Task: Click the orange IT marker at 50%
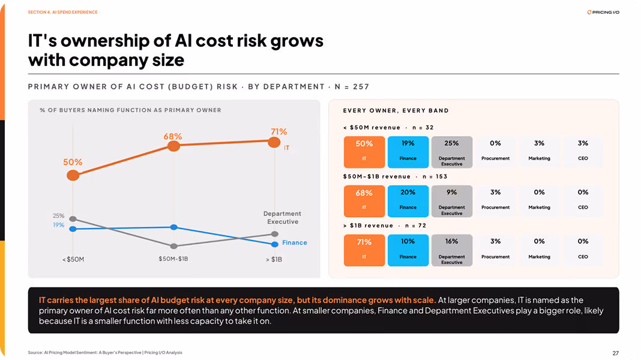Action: (x=73, y=175)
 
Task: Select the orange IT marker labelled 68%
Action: (x=173, y=146)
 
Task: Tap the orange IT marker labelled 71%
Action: (x=274, y=142)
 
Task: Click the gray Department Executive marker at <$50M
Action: (x=73, y=219)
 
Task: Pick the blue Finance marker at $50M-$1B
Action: (x=173, y=227)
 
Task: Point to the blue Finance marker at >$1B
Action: (x=275, y=244)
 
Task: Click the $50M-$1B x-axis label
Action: (x=173, y=259)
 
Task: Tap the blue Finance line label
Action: (x=294, y=243)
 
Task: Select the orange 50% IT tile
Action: (x=364, y=152)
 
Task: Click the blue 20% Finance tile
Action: (x=408, y=201)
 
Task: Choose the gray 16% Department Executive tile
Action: (x=452, y=250)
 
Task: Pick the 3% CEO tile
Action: (x=583, y=152)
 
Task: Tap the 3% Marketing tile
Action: (x=539, y=152)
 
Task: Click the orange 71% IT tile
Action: (x=364, y=250)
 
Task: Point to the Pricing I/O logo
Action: (x=603, y=12)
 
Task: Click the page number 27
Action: (x=616, y=353)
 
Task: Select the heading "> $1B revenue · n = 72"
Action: (x=385, y=226)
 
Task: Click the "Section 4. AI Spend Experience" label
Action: (x=62, y=12)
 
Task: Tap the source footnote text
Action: (x=105, y=352)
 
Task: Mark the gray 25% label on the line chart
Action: (x=58, y=216)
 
